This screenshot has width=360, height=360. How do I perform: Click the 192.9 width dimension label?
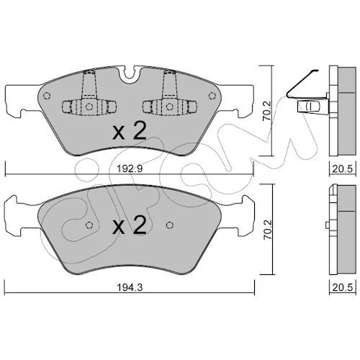[x=130, y=169]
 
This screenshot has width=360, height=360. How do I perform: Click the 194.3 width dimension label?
[x=130, y=287]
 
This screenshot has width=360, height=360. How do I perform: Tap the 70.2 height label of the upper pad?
[x=267, y=111]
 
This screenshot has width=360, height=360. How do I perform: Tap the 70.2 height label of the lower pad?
[x=267, y=230]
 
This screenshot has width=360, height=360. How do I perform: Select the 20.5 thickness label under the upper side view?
[x=343, y=169]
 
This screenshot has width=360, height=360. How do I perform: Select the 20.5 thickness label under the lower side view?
[x=343, y=287]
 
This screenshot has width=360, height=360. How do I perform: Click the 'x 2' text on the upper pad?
[x=130, y=132]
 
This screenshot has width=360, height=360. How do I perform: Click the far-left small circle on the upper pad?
[x=47, y=96]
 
